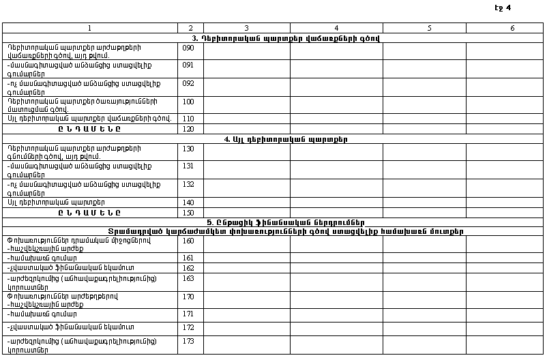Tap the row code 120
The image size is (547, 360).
pos(188,129)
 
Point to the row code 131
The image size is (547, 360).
pos(188,166)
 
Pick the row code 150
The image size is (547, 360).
pos(188,213)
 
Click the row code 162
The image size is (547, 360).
pos(188,268)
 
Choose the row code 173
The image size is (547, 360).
pos(188,340)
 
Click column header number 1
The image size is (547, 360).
pos(89,28)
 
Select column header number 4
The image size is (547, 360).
pos(336,28)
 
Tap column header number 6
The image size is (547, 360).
pos(512,28)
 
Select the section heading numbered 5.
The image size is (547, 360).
pos(286,222)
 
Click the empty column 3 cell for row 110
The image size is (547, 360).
pos(246,119)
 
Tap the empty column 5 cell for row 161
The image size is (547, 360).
pos(424,258)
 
